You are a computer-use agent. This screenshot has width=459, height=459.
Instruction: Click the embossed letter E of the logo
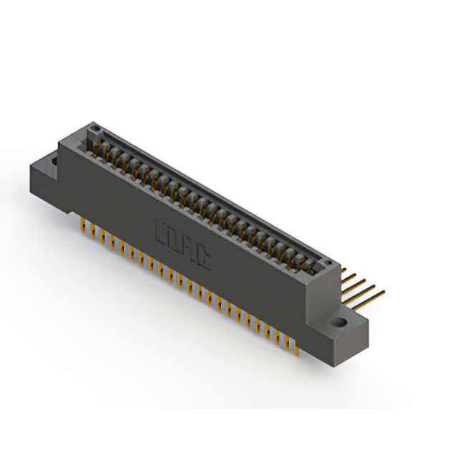pyautogui.click(x=163, y=233)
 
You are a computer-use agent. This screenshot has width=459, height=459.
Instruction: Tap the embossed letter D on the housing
pyautogui.click(x=174, y=242)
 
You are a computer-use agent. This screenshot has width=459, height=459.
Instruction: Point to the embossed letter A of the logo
pyautogui.click(x=189, y=252)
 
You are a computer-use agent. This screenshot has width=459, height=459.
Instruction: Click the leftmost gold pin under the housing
pyautogui.click(x=85, y=225)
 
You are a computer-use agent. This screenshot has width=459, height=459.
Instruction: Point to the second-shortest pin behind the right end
pyautogui.click(x=354, y=279)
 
